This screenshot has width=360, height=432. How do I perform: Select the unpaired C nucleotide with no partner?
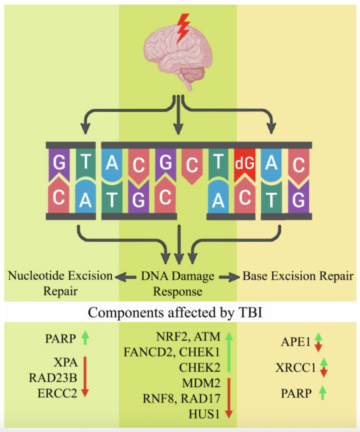click(x=192, y=165)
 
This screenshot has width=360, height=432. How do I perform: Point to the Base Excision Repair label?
click(x=298, y=277)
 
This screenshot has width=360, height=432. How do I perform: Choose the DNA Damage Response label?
click(x=178, y=283)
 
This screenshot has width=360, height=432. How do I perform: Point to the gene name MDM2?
click(x=201, y=383)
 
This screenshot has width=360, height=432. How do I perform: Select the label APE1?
click(x=293, y=342)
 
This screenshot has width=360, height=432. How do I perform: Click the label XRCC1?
click(x=296, y=368)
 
